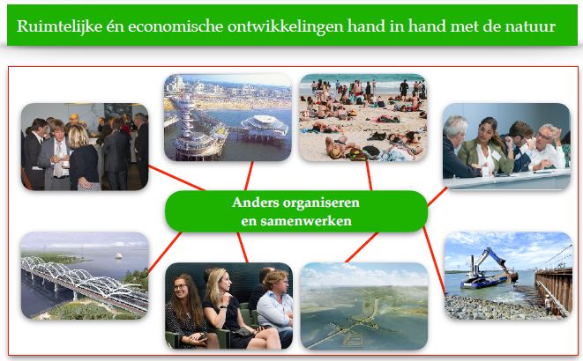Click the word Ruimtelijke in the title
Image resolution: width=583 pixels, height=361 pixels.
click(x=59, y=26)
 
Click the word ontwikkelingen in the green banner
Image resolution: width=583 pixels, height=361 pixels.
click(x=285, y=26)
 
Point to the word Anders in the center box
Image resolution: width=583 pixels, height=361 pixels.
click(x=256, y=203)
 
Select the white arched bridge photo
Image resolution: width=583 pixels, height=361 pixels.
click(x=85, y=276)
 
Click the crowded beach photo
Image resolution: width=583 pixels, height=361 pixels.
click(x=363, y=118)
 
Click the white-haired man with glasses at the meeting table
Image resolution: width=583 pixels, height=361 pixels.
click(x=549, y=146)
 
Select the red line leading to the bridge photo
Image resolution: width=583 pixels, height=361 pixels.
click(x=165, y=253)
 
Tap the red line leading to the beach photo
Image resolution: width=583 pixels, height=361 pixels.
click(x=369, y=175)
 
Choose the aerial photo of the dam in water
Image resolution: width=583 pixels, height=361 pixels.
click(x=364, y=306)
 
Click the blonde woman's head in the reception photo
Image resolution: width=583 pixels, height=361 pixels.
click(x=78, y=136)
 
